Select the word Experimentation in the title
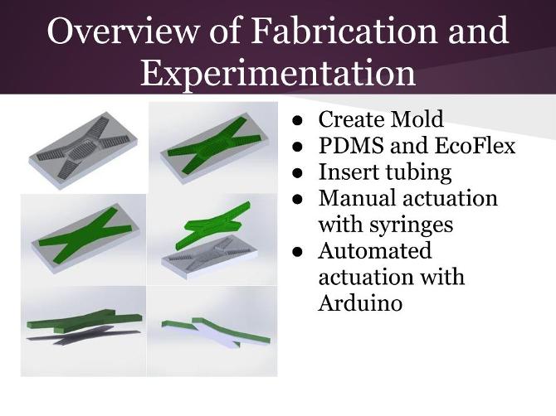(277, 72)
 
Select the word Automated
(375, 251)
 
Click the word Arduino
(360, 302)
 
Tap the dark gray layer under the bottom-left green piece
(62, 338)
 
